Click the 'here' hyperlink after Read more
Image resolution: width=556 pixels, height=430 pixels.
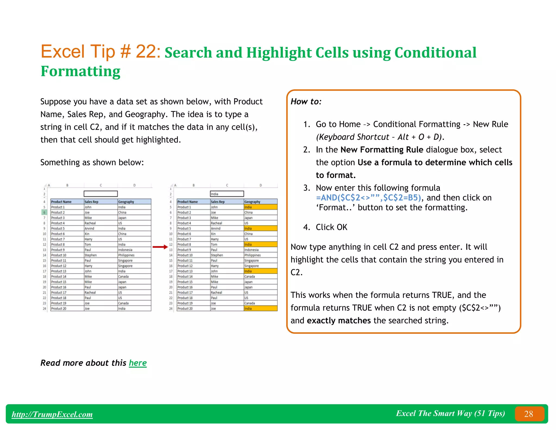click(x=138, y=363)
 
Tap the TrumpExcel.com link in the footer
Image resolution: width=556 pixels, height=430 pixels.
click(x=52, y=414)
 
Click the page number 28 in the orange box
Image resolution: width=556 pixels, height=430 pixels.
click(x=529, y=414)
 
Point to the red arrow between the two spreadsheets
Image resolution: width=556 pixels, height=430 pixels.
click(x=160, y=247)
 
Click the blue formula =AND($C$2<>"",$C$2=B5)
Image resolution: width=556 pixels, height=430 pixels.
click(x=368, y=198)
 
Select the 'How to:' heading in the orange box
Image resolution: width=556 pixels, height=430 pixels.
click(x=306, y=102)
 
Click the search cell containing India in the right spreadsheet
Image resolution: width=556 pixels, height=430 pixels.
click(x=227, y=194)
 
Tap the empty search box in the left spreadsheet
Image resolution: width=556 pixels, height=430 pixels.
click(x=100, y=194)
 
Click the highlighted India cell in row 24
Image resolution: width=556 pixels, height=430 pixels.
click(x=260, y=309)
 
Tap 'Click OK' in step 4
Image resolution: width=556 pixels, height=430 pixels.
click(x=331, y=227)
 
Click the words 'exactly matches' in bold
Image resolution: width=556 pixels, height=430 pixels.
click(x=339, y=321)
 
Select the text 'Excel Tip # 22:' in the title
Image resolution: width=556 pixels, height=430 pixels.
click(x=100, y=51)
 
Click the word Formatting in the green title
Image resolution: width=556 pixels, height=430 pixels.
click(x=80, y=71)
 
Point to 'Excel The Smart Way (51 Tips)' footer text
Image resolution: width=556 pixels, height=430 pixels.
click(x=450, y=413)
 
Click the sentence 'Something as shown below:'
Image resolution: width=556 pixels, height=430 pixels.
click(x=92, y=163)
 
